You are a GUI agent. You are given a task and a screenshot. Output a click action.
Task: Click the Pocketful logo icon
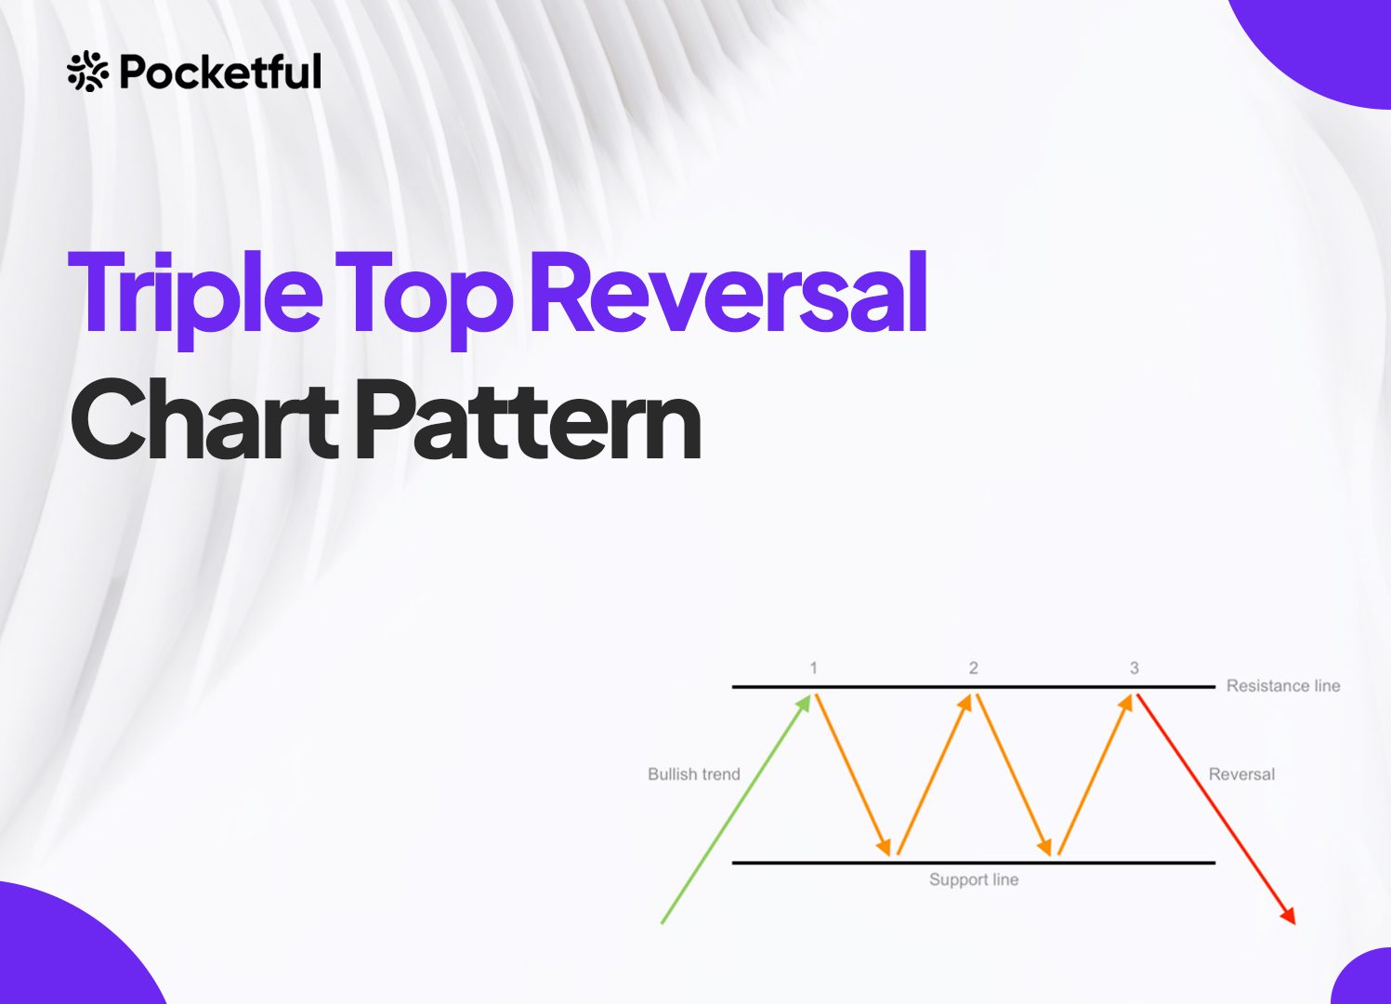pyautogui.click(x=87, y=72)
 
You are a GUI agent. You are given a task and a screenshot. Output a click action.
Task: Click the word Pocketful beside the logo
pyautogui.click(x=221, y=72)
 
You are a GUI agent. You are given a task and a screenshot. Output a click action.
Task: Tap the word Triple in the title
pyautogui.click(x=195, y=297)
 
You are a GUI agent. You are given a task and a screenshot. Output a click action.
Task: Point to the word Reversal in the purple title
pyautogui.click(x=728, y=292)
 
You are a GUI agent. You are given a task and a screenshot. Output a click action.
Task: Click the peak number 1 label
pyautogui.click(x=813, y=667)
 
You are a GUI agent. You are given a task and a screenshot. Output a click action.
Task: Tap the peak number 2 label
pyautogui.click(x=974, y=667)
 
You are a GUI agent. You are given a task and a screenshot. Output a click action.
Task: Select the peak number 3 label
pyautogui.click(x=1135, y=667)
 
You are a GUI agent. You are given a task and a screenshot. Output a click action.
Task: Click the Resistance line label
pyautogui.click(x=1283, y=686)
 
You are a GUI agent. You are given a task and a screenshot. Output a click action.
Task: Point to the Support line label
pyautogui.click(x=974, y=879)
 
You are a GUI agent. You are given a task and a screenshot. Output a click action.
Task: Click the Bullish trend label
pyautogui.click(x=693, y=774)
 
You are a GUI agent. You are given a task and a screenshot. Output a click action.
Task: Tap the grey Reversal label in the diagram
pyautogui.click(x=1241, y=774)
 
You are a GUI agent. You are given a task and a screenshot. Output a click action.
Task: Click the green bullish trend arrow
pyautogui.click(x=737, y=809)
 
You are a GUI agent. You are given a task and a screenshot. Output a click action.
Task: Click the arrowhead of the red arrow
pyautogui.click(x=1289, y=916)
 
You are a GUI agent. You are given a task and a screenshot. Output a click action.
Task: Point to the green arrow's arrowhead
pyautogui.click(x=805, y=704)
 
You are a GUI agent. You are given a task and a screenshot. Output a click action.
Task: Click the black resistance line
pyautogui.click(x=974, y=687)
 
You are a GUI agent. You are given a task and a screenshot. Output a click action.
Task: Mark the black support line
pyautogui.click(x=974, y=863)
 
